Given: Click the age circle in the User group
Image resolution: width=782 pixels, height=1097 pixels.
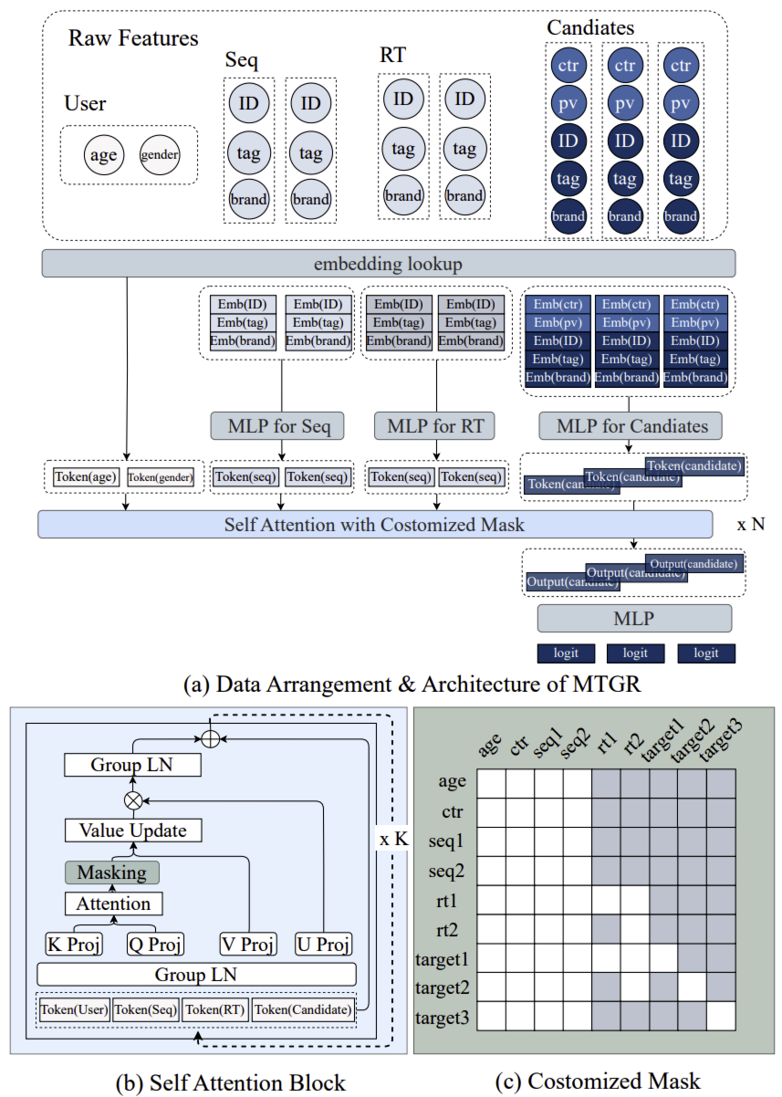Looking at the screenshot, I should coord(103,155).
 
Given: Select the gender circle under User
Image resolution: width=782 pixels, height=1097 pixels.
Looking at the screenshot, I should coord(160,155).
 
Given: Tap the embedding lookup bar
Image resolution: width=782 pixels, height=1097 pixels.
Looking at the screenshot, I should coord(389,265).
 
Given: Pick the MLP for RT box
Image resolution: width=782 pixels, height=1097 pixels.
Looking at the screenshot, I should coord(435,425).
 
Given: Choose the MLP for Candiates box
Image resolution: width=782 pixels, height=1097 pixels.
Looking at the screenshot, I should coord(630,425).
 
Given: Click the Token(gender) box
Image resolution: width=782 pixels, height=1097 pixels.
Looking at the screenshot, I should coord(160,476).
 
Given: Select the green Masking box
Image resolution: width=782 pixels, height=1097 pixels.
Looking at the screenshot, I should coord(112,872).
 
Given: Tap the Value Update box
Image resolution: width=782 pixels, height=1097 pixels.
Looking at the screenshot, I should coord(133,831).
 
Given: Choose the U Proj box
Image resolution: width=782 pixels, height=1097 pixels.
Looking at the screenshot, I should coord(324,944).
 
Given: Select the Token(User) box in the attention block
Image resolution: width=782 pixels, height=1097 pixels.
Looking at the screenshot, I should coord(75,1009).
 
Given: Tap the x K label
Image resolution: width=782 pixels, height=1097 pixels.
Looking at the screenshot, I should coord(393,838).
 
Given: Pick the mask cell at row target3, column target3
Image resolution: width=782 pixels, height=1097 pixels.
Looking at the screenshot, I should coord(719,1016).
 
